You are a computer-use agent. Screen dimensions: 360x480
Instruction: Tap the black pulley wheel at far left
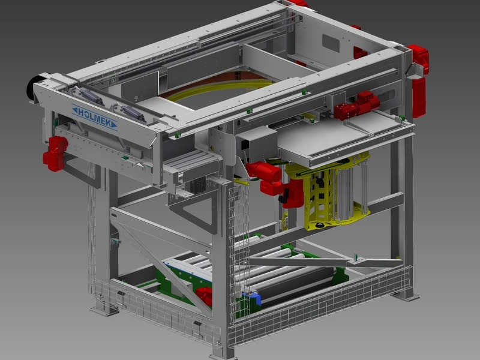point(31,90)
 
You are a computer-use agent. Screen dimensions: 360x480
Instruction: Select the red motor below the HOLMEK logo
point(55,152)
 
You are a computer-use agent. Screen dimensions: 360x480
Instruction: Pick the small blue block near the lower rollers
point(255,296)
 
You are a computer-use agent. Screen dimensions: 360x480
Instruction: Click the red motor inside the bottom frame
point(204,295)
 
